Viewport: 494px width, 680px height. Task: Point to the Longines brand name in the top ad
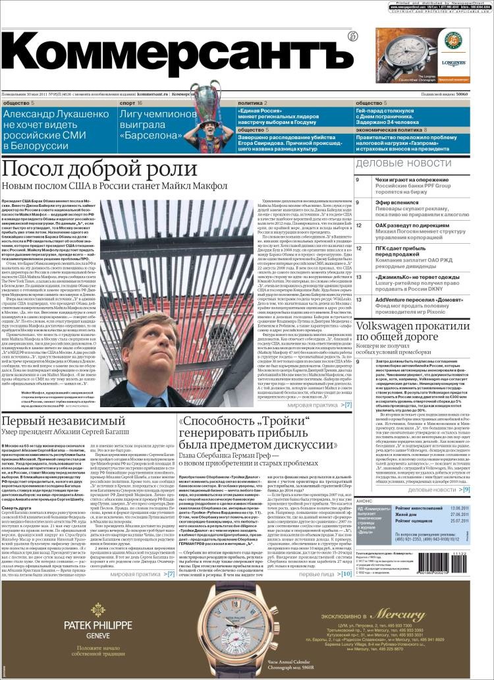coord(454,63)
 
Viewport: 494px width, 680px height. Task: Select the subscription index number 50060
coord(477,95)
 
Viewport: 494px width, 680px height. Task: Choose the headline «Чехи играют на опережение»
coord(416,180)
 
